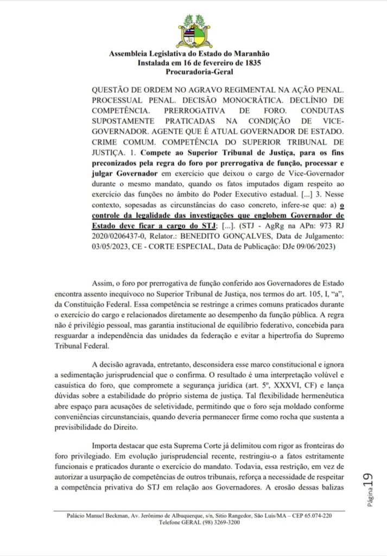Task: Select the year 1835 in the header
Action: coord(251,63)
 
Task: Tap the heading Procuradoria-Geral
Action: coord(193,72)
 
